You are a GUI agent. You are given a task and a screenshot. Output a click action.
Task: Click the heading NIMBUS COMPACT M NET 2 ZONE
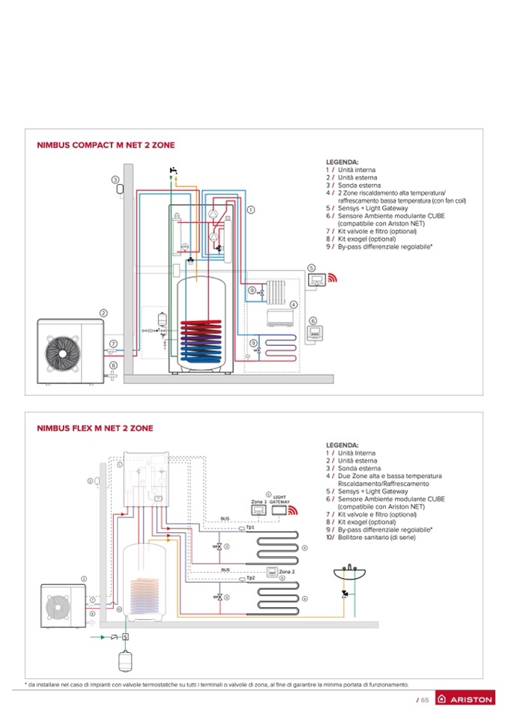(x=106, y=145)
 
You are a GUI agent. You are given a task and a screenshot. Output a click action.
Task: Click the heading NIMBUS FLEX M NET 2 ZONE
(x=95, y=428)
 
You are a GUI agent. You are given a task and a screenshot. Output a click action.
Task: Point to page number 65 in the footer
(x=422, y=699)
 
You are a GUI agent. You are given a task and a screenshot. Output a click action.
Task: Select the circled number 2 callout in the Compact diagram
(x=104, y=313)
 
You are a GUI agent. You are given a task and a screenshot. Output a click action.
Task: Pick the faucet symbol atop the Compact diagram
(x=173, y=171)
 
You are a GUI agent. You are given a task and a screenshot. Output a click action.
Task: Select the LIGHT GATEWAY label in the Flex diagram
(x=279, y=497)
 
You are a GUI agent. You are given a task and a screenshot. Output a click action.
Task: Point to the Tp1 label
(x=251, y=527)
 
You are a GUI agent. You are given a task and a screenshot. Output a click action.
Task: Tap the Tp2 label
(x=252, y=578)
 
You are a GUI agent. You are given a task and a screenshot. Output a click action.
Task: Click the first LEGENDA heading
(x=342, y=162)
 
